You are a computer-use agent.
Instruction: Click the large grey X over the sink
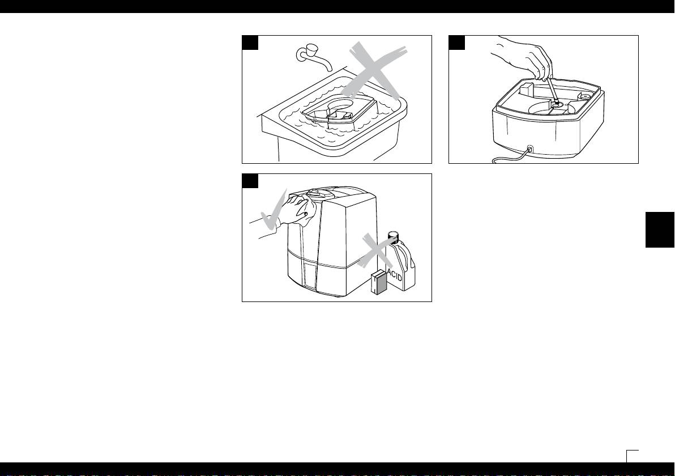(x=374, y=71)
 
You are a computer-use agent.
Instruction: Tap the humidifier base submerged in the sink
(x=340, y=110)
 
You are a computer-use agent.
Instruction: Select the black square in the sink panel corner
(x=250, y=42)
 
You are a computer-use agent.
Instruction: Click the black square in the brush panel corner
(x=457, y=42)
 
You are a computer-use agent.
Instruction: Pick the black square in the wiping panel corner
(x=250, y=181)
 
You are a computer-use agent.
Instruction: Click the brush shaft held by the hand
(x=552, y=91)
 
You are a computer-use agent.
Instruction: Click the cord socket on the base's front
(x=530, y=149)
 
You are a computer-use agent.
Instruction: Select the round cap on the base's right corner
(x=585, y=95)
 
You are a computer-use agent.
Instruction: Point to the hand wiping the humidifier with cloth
(x=297, y=210)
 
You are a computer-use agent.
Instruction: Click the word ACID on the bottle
(x=395, y=274)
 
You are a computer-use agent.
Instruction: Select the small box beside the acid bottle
(x=379, y=282)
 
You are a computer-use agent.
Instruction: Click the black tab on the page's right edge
(x=660, y=229)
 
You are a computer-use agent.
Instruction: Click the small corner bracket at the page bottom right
(x=633, y=456)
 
